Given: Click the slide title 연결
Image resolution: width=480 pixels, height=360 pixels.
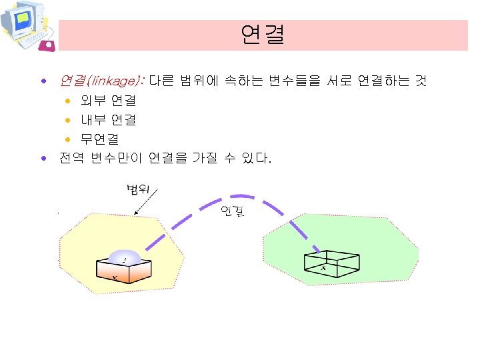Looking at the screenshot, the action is pos(263,35).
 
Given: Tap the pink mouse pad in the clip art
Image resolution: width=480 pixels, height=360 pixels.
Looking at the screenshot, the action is pos(47,45).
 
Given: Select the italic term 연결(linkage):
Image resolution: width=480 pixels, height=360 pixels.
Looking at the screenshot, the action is pos(101,81).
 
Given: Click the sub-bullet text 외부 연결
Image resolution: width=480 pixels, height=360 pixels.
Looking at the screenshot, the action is pos(109,101).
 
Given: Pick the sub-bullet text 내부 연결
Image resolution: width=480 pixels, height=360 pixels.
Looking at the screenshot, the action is pos(109,120).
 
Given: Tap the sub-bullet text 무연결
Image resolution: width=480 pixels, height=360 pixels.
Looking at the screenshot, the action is pos(100,139).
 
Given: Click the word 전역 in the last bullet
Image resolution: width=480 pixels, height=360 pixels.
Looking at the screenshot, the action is pos(70,159).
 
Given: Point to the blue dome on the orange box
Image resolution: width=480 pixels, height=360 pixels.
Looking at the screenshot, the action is pos(125,257).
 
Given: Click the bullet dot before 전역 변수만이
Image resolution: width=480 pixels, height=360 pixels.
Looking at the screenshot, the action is pos(44,159).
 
